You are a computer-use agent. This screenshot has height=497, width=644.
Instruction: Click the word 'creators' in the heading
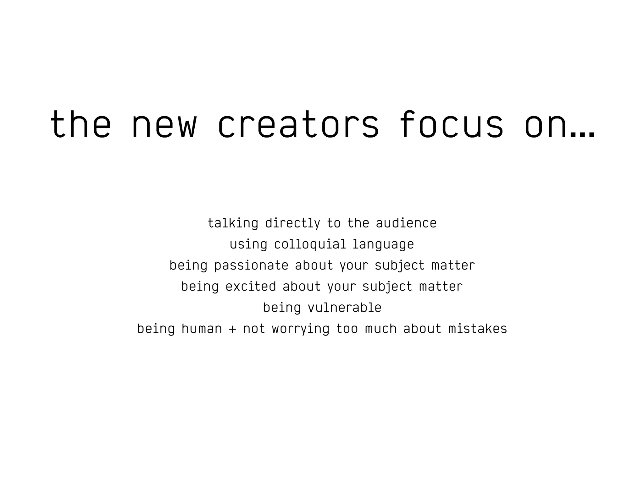click(298, 124)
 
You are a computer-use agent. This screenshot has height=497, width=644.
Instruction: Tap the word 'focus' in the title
click(451, 124)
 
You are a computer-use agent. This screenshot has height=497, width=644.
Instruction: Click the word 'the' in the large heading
click(80, 124)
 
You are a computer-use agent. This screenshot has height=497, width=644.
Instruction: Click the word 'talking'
click(233, 223)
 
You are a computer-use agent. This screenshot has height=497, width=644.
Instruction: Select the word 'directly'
click(292, 223)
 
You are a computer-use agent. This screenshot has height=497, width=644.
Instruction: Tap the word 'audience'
click(406, 223)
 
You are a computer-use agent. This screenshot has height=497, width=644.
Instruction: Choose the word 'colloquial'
click(310, 244)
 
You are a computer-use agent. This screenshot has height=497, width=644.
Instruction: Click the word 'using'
click(248, 244)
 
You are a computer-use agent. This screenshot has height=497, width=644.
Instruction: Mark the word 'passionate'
click(251, 266)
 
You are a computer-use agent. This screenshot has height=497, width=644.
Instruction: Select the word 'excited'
click(251, 287)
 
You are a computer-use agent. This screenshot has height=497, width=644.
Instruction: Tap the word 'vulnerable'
click(344, 308)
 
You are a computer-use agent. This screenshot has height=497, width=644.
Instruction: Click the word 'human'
click(202, 329)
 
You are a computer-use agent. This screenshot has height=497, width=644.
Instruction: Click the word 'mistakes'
click(477, 329)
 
